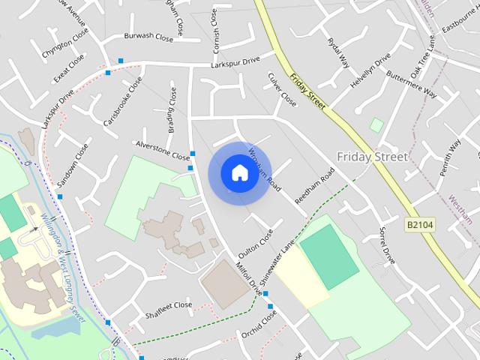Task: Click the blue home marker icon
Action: pyautogui.click(x=239, y=173)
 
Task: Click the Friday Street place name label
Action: pyautogui.click(x=372, y=157)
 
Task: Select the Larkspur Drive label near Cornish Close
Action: pyautogui.click(x=235, y=61)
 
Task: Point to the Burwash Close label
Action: pyautogui.click(x=148, y=35)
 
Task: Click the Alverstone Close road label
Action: pyautogui.click(x=162, y=150)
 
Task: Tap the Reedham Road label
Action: pyautogui.click(x=315, y=185)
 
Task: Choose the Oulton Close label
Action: pyautogui.click(x=256, y=241)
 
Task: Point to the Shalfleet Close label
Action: pyautogui.click(x=169, y=305)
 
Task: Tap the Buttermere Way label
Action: pyautogui.click(x=412, y=82)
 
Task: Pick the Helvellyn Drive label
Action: pyautogui.click(x=371, y=70)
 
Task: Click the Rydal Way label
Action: pyautogui.click(x=339, y=51)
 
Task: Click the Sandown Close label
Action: pyautogui.click(x=73, y=166)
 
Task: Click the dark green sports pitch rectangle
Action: pyautogui.click(x=329, y=256)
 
